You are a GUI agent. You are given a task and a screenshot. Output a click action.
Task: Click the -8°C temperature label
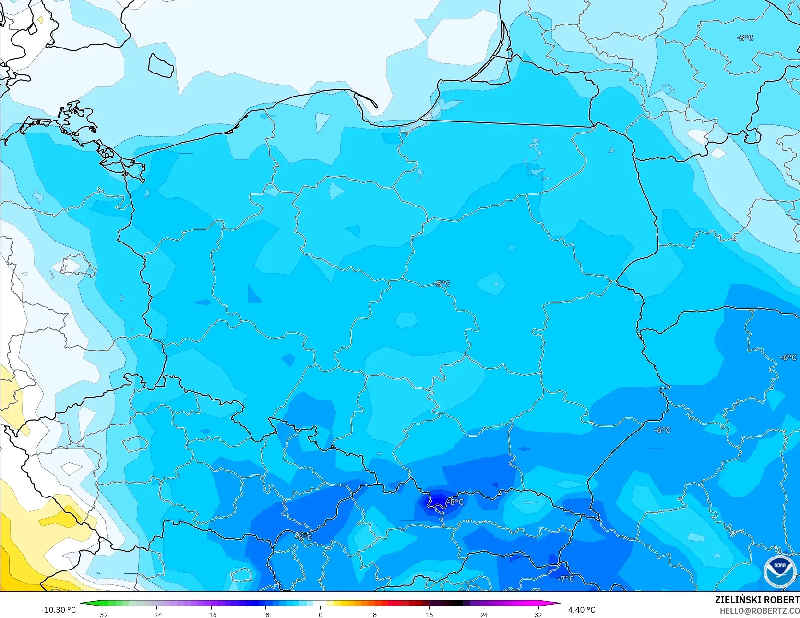pos(456,502)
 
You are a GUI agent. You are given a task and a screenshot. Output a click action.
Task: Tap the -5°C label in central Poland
pos(442,284)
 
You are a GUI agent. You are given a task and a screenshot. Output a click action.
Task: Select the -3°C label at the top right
pos(745,38)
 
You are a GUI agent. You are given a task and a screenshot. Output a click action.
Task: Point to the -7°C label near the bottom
pos(566,579)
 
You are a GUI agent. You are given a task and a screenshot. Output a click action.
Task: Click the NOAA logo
pos(779,571)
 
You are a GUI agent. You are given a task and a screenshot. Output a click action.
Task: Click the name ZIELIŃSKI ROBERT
pos(757,600)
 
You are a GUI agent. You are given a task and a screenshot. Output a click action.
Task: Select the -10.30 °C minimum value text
pos(58,610)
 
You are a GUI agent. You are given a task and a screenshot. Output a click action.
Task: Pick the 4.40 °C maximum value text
pos(582,610)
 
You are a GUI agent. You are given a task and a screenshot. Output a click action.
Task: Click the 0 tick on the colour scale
pos(321,614)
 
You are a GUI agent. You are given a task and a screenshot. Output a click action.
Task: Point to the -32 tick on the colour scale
pos(102,614)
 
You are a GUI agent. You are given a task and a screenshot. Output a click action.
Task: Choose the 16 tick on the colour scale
pos(429,614)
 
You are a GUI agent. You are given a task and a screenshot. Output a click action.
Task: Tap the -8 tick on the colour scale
pos(265,614)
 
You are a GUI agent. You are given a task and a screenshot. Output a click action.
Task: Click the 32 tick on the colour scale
pos(538,614)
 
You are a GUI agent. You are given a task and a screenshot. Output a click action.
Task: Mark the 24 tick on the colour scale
pos(484,614)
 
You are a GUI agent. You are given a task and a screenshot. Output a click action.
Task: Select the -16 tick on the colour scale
pos(211,614)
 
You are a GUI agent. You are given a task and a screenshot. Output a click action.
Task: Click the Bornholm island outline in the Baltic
pos(161,65)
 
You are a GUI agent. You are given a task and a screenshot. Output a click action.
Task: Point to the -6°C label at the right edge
pos(788,357)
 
